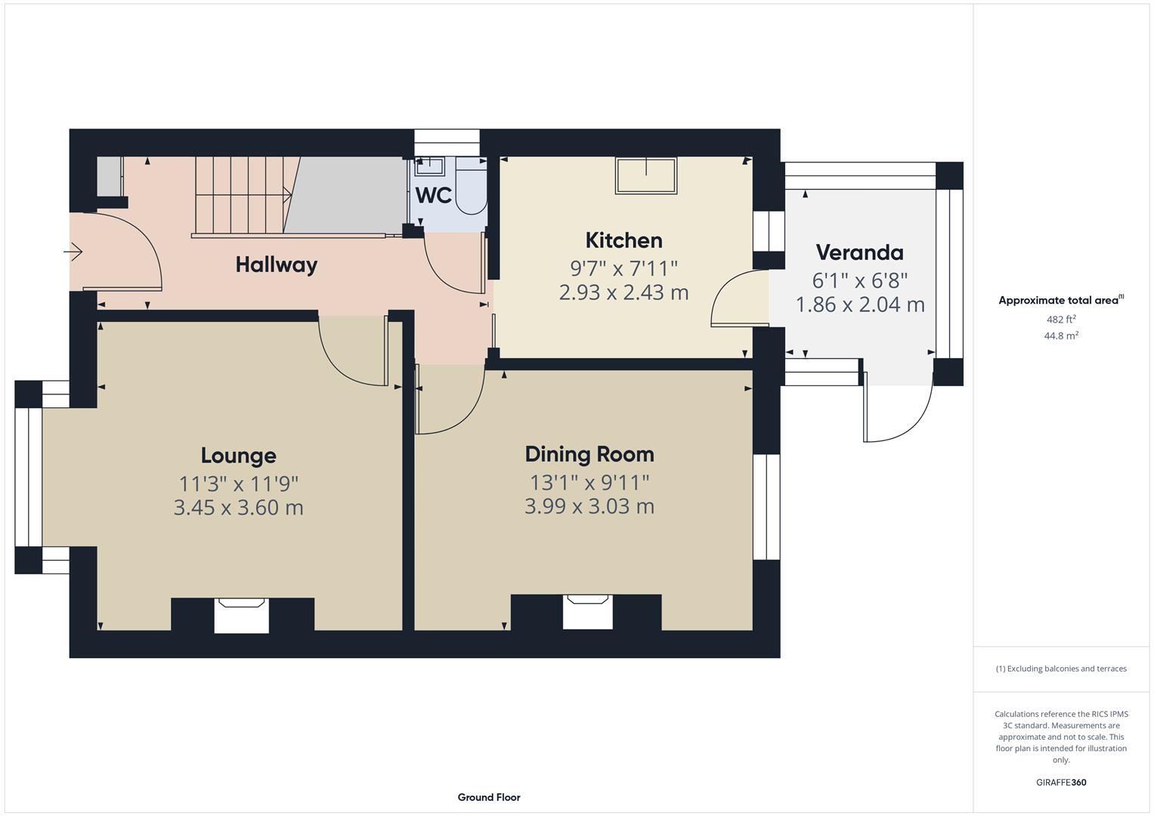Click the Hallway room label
pos(276,264)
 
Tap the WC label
pos(433,196)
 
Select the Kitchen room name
pos(623,240)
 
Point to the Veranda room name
pos(859,252)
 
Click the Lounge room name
pos(238,456)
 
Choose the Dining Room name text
pos(589,454)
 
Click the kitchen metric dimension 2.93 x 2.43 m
pos(623,292)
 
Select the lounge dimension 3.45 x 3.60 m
pos(238,507)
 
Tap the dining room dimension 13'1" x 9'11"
pos(589,481)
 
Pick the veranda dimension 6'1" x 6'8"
pos(859,280)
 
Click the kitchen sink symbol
pos(645,175)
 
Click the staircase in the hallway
pos(242,196)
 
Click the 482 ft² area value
pos(1060,320)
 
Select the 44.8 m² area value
pos(1060,336)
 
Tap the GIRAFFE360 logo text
pos(1060,783)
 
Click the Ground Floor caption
pos(488,797)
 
